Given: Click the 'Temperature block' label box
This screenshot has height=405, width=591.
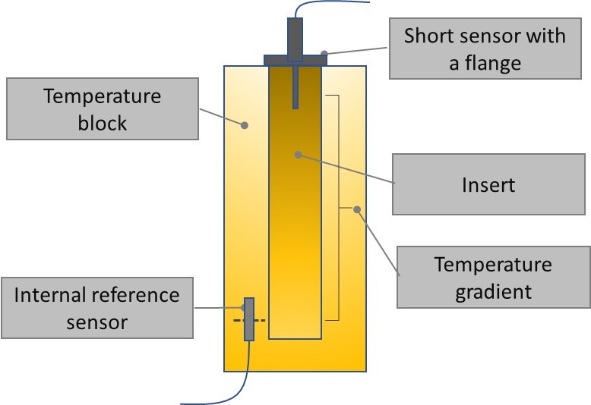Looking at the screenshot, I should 103,111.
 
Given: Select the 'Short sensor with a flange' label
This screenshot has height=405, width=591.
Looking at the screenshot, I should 485,49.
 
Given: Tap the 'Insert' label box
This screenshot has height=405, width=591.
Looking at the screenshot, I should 488,184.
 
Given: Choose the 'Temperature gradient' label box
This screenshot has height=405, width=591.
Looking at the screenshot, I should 493,278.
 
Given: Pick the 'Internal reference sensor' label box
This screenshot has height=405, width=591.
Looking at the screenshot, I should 96,308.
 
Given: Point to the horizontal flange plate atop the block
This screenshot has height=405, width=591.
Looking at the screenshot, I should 294,59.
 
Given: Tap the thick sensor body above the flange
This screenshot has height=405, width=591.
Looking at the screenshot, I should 295,35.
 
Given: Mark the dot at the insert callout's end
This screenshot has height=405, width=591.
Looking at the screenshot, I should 299,155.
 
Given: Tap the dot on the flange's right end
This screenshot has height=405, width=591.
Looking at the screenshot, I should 324,54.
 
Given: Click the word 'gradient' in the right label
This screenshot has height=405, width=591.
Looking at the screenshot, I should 493,291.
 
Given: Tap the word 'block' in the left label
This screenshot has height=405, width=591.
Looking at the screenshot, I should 103,124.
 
